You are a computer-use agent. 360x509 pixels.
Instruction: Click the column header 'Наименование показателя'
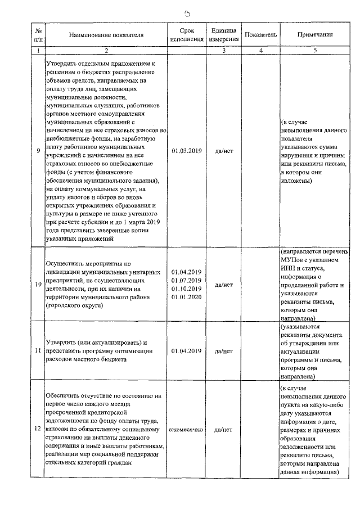click(106, 35)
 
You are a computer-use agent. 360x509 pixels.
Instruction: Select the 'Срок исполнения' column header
click(187, 35)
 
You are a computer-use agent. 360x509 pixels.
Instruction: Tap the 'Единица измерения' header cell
click(224, 35)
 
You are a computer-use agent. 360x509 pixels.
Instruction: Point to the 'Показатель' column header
click(261, 35)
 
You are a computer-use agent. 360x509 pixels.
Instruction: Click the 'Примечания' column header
click(315, 35)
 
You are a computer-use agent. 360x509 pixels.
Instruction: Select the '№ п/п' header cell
click(38, 35)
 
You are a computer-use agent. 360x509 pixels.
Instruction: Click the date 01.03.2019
click(187, 151)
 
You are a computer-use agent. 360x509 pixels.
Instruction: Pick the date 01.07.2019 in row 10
click(187, 281)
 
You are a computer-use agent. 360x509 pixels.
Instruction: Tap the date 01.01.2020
click(187, 296)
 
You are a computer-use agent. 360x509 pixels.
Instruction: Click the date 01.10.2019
click(187, 289)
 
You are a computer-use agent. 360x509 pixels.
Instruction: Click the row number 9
click(38, 151)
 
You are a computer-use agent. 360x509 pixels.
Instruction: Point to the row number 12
click(38, 430)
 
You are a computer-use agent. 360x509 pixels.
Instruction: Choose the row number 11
click(38, 351)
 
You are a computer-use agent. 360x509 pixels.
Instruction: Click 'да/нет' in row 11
click(224, 351)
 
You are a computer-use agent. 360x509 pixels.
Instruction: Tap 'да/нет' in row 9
click(224, 151)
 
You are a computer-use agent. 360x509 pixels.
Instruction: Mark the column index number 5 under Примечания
click(315, 51)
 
